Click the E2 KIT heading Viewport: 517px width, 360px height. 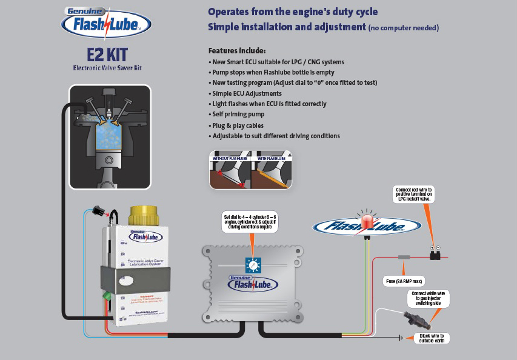[107, 54]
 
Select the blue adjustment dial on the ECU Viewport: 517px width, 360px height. [252, 265]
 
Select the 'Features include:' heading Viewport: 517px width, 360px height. [237, 51]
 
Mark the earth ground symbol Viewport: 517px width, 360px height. [401, 338]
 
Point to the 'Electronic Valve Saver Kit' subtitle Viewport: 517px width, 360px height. [107, 68]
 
